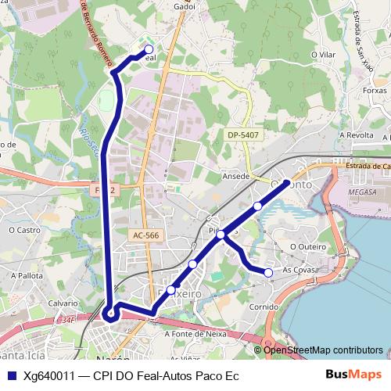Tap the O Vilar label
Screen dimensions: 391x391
[322, 55]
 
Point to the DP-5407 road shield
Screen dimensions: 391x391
[243, 135]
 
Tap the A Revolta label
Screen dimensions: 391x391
[357, 135]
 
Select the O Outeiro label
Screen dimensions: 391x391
[307, 246]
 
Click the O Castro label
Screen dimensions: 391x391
[24, 230]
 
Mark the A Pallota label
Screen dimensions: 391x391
[27, 276]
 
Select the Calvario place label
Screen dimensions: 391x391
[63, 303]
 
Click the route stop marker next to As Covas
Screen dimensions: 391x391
[268, 272]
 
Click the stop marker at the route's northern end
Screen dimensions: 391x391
[149, 49]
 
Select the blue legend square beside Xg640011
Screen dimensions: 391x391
[11, 375]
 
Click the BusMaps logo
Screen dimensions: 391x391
[353, 375]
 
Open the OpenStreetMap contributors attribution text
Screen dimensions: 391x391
[323, 350]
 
